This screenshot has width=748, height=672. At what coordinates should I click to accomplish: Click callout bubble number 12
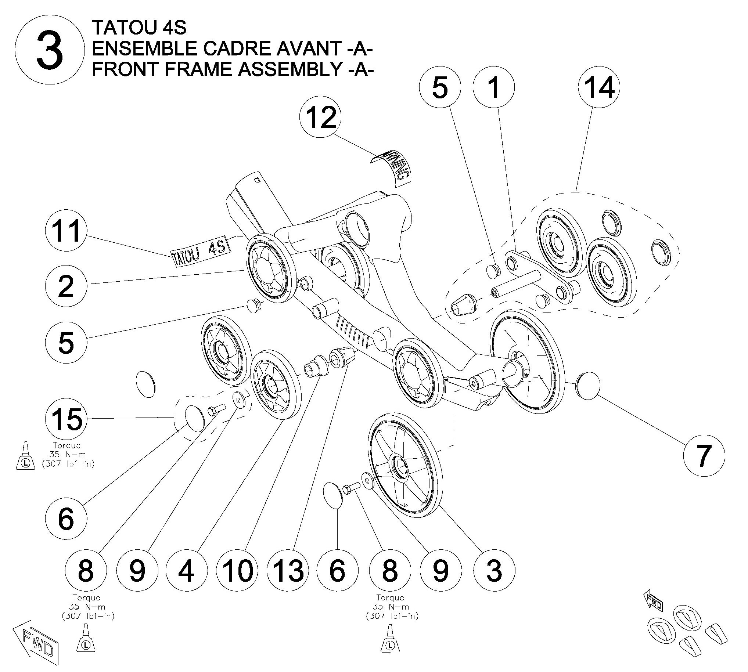(x=320, y=118)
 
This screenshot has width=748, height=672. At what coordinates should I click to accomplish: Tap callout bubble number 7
(x=704, y=456)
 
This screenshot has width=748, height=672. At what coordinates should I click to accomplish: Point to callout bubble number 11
(x=66, y=230)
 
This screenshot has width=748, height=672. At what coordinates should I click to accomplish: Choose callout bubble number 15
(x=66, y=419)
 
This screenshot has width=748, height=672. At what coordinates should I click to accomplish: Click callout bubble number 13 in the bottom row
(x=288, y=570)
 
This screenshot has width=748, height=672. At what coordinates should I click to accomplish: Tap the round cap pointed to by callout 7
(x=588, y=386)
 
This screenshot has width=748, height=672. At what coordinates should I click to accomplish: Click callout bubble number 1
(x=494, y=87)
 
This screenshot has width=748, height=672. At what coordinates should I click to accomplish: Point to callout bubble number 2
(x=66, y=286)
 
